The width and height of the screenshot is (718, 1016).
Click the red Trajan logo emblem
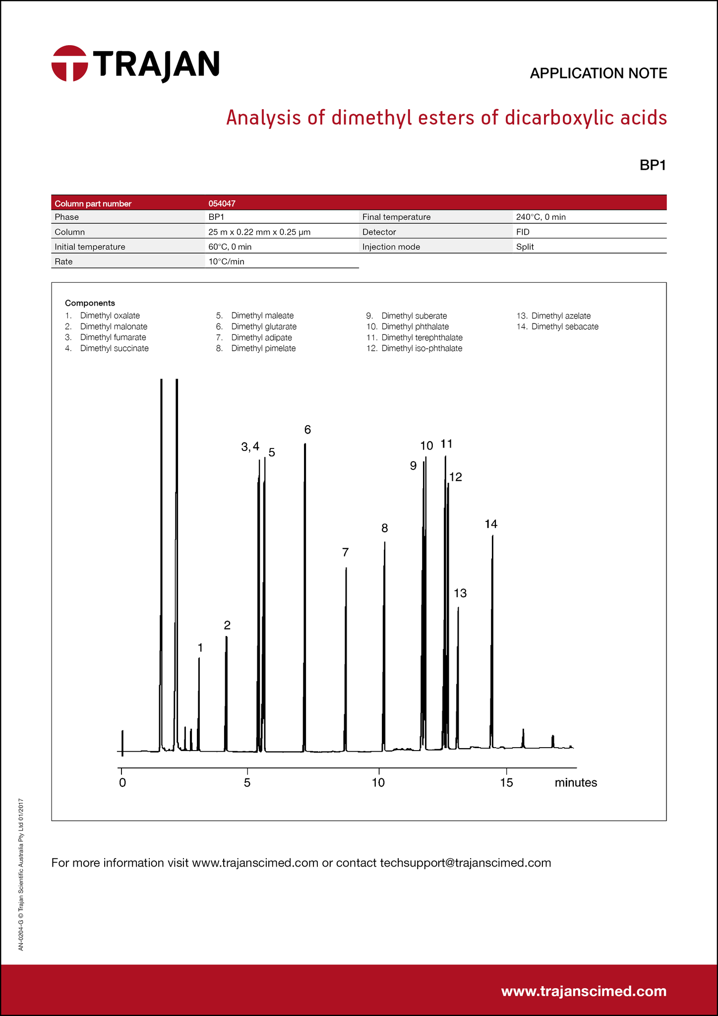(x=69, y=63)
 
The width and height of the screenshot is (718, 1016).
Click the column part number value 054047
(x=222, y=203)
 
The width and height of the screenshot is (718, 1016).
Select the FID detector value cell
(x=523, y=232)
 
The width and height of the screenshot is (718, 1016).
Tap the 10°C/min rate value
(x=226, y=261)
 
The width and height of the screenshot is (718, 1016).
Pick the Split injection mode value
(x=525, y=247)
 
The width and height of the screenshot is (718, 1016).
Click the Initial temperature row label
(x=90, y=247)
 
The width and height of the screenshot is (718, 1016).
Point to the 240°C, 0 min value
(x=540, y=217)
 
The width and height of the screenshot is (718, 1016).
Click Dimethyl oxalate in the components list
(x=110, y=316)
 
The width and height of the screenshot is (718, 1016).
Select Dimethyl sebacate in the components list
(x=564, y=326)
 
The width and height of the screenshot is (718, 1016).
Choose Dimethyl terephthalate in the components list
(x=421, y=337)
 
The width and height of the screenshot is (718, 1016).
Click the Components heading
(x=90, y=303)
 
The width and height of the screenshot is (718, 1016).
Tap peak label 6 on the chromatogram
(x=307, y=430)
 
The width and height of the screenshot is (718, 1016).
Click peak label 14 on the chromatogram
(x=491, y=524)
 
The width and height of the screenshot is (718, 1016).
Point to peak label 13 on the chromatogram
(x=460, y=593)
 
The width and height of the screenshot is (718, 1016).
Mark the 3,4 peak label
(x=250, y=447)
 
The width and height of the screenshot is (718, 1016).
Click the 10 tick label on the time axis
(x=378, y=783)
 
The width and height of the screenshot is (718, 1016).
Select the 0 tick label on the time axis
(x=122, y=783)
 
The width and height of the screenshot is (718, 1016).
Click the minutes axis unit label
(x=576, y=783)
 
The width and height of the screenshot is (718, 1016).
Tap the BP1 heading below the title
(x=653, y=165)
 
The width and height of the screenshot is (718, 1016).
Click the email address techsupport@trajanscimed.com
(x=465, y=863)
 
